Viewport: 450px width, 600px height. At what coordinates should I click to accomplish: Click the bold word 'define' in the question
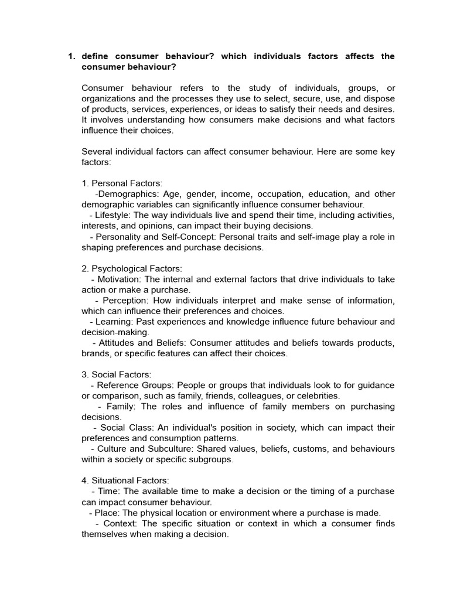tap(96, 56)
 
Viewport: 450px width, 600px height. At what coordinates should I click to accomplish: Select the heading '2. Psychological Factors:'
tap(132, 268)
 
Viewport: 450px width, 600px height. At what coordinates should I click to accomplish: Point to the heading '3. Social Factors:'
tap(116, 374)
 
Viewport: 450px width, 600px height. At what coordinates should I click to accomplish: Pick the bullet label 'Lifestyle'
tap(107, 215)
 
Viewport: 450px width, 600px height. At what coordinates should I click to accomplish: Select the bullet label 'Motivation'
tap(120, 279)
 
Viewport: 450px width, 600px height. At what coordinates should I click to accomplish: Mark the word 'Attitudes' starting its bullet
tap(118, 343)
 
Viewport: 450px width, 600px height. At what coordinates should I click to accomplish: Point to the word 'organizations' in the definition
tap(108, 98)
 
